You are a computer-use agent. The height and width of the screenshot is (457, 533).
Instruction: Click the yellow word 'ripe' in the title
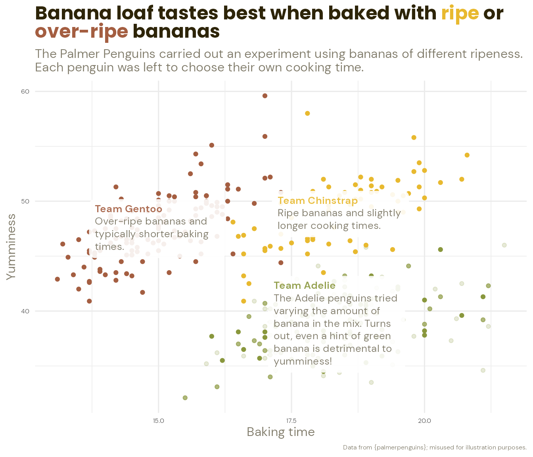tap(460, 13)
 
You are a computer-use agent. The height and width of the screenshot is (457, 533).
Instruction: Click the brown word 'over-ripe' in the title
tap(82, 32)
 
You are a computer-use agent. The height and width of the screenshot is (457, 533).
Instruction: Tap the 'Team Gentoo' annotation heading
tap(128, 209)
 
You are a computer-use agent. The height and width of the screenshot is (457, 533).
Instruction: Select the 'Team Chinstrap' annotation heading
tap(317, 201)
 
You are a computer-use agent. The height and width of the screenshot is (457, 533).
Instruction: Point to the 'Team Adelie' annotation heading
tap(305, 286)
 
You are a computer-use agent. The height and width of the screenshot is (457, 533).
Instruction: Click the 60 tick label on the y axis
tap(25, 92)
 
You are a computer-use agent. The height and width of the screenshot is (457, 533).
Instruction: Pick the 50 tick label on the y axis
tap(25, 201)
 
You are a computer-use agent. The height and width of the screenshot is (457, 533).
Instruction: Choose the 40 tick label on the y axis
tap(25, 311)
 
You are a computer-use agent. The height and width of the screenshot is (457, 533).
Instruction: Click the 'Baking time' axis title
tap(281, 432)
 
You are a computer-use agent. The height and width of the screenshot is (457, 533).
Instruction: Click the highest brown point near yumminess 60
tap(265, 96)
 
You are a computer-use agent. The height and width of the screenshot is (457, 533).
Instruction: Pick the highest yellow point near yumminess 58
tap(307, 113)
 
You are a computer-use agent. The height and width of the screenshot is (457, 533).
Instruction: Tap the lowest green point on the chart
tap(185, 397)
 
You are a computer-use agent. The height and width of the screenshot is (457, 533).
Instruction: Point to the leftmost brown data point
tap(58, 279)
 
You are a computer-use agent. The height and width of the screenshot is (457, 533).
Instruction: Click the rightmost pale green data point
tap(504, 245)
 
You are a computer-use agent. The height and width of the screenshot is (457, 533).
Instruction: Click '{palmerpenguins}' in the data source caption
tap(400, 447)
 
